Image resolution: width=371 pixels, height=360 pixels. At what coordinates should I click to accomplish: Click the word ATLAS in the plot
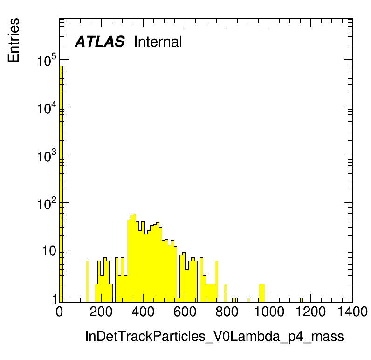click(x=100, y=42)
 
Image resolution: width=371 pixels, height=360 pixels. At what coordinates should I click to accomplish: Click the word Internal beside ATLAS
click(x=158, y=42)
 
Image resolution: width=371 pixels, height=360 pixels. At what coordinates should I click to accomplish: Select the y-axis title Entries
click(x=14, y=40)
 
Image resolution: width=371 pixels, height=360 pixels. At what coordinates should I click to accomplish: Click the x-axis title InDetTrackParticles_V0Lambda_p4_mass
click(x=214, y=337)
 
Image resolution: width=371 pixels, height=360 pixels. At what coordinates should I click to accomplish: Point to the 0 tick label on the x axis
click(x=59, y=312)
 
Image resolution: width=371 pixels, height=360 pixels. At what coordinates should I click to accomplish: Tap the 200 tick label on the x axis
click(x=101, y=312)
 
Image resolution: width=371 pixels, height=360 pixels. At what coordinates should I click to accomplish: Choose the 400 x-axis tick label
click(x=143, y=312)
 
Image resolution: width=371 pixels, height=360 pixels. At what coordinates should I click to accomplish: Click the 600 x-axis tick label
click(x=185, y=312)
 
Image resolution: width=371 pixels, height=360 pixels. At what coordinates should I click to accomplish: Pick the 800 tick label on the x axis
click(x=227, y=312)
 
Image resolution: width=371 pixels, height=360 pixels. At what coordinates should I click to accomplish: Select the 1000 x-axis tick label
click(x=269, y=312)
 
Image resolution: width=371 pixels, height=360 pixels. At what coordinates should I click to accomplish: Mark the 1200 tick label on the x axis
click(x=311, y=312)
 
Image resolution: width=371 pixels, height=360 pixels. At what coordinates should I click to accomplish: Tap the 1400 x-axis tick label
click(x=352, y=312)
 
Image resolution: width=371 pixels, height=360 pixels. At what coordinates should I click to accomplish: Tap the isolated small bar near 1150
click(x=301, y=300)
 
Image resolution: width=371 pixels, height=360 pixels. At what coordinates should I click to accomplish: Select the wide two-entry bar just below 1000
click(x=261, y=293)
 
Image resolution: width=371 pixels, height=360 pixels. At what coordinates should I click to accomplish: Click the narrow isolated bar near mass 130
click(x=87, y=282)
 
